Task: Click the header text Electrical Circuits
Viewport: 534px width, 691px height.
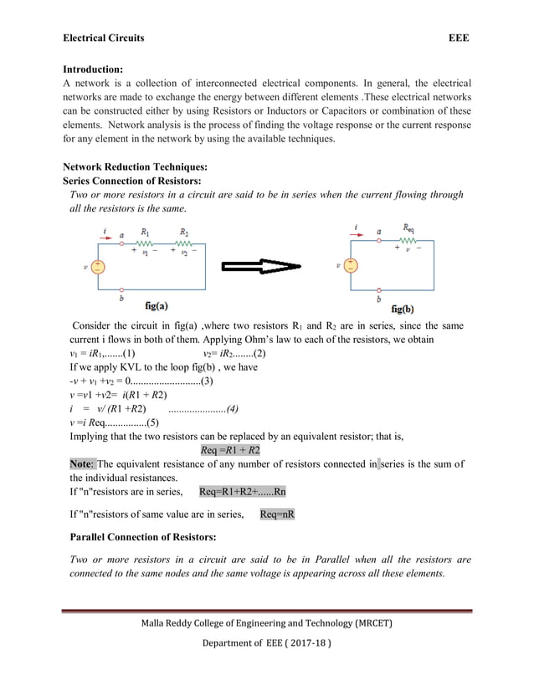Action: coord(104,38)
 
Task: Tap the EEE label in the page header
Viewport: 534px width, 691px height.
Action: coord(459,38)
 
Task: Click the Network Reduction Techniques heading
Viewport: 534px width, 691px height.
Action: coord(135,166)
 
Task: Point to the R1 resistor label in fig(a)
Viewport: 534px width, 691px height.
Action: coord(146,232)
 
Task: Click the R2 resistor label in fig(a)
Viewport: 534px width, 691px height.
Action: coord(185,232)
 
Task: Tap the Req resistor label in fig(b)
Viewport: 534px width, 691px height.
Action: coord(408,227)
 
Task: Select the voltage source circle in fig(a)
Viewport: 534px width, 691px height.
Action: coord(98,267)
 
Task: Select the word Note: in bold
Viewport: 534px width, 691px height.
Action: coord(82,463)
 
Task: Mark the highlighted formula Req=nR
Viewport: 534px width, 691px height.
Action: coord(277,514)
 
